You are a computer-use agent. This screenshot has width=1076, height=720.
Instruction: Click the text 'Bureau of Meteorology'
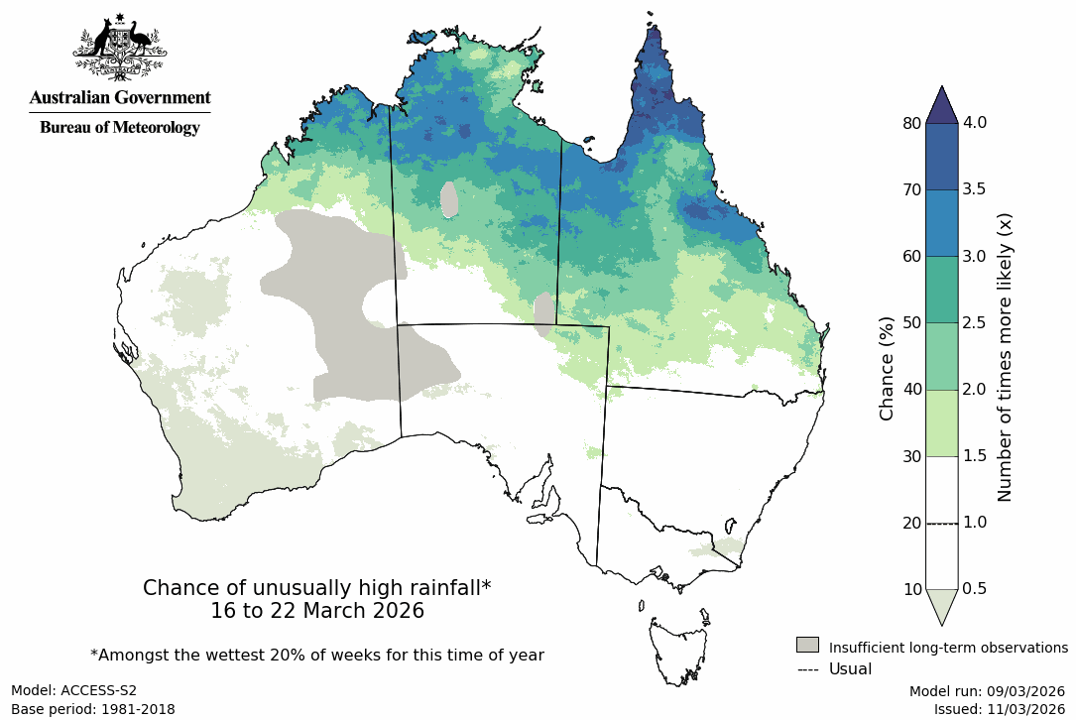click(119, 128)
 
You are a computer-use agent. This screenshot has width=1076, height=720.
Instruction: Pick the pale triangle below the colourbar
click(941, 606)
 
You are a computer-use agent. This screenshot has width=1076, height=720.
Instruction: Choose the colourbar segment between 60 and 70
click(941, 223)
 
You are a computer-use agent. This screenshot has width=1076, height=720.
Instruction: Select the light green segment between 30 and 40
click(941, 423)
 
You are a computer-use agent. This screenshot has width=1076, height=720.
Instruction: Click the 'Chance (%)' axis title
click(888, 368)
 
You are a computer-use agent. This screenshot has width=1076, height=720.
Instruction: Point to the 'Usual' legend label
click(850, 669)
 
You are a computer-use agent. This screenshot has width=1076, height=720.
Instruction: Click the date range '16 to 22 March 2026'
click(317, 612)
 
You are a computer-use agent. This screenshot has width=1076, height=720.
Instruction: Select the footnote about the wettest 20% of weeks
click(317, 656)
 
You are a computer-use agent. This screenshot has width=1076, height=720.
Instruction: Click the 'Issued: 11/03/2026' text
click(999, 709)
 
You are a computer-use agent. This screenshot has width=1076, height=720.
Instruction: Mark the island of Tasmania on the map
click(681, 651)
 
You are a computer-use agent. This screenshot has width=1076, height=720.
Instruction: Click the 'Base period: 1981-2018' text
click(92, 709)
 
